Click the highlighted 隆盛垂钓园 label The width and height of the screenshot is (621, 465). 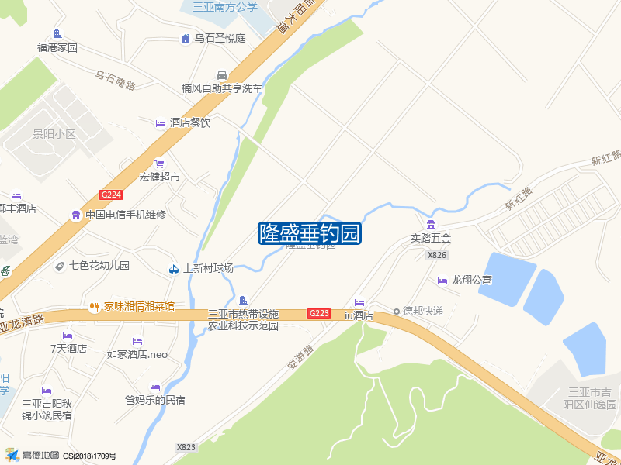click(310, 232)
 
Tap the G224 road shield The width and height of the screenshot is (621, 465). click(112, 195)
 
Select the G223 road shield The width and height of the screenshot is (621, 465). click(319, 313)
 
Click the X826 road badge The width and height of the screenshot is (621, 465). click(437, 255)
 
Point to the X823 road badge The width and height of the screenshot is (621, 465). click(186, 447)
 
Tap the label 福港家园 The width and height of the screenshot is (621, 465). click(57, 47)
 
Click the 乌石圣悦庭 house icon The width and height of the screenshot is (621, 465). click(186, 38)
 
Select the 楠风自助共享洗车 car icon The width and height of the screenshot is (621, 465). click(222, 75)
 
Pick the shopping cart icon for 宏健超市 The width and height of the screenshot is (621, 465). click(160, 164)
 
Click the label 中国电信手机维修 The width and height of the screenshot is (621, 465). click(126, 215)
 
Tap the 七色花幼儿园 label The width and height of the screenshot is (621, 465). click(99, 266)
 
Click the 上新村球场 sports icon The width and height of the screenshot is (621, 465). click(174, 269)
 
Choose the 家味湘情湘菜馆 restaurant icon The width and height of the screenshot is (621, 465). click(95, 306)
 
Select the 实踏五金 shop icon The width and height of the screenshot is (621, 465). click(430, 224)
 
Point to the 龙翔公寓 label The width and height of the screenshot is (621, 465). click(472, 280)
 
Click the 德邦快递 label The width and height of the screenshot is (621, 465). click(423, 312)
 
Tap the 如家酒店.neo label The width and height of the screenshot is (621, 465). click(137, 355)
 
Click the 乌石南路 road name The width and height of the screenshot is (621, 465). click(116, 78)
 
